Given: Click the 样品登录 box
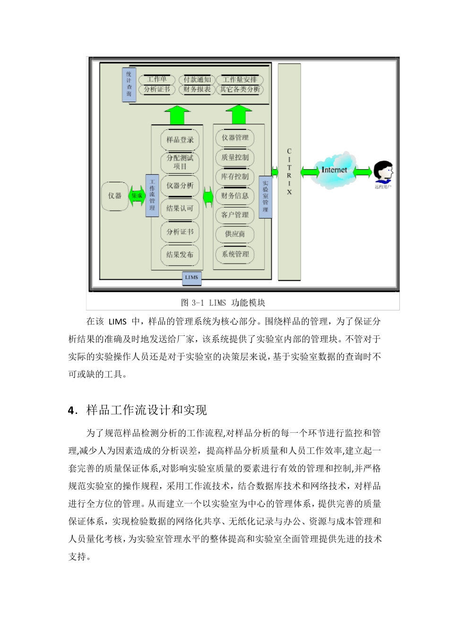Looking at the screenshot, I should click(x=180, y=140).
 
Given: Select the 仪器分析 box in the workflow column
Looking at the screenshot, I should click(x=180, y=186).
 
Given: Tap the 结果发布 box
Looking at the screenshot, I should click(x=180, y=255).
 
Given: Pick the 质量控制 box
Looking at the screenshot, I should click(x=235, y=157).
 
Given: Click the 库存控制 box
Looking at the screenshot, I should click(x=235, y=177).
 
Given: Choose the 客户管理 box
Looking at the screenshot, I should click(x=235, y=215).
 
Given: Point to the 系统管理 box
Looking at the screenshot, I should click(x=235, y=254).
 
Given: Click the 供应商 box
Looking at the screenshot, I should click(x=235, y=234).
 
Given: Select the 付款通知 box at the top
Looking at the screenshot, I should click(x=197, y=80).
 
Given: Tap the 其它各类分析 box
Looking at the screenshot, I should click(x=240, y=89).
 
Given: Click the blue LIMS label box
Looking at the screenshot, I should click(x=191, y=278).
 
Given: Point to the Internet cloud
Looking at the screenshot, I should click(x=334, y=170).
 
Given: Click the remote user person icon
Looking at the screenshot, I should click(x=383, y=173).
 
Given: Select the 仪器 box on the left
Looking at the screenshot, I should click(x=115, y=196).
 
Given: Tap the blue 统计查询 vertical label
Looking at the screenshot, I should click(x=129, y=85).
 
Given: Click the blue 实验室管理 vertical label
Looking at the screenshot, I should click(x=266, y=197).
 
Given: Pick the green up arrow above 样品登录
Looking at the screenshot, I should click(x=177, y=115).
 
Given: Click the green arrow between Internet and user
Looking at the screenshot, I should click(x=363, y=172).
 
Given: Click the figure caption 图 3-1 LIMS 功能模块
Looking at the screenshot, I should click(x=223, y=303).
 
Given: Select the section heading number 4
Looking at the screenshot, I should click(x=71, y=411).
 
